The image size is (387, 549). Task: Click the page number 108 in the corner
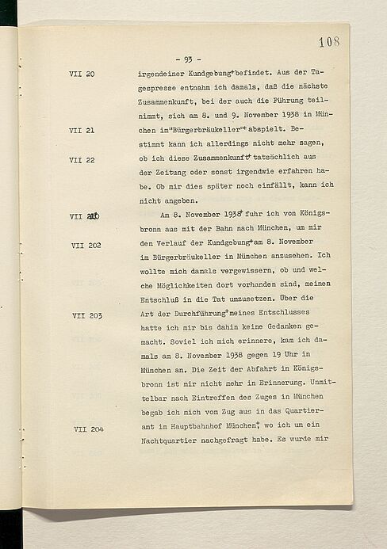(x=328, y=41)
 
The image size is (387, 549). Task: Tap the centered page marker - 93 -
(x=192, y=59)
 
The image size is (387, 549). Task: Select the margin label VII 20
(x=82, y=74)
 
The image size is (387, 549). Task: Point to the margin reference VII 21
(x=82, y=131)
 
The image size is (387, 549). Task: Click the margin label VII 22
(x=82, y=159)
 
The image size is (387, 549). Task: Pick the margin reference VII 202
(x=87, y=246)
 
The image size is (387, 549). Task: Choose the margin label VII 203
(x=87, y=315)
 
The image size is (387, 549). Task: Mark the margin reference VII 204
(x=87, y=429)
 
